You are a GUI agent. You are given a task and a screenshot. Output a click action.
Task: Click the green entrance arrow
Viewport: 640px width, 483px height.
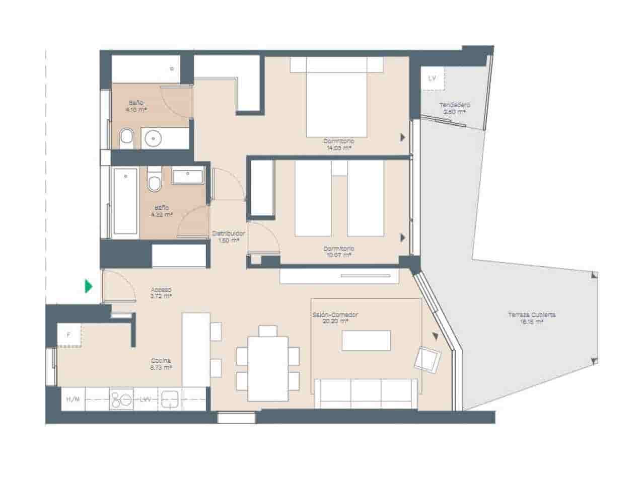89,287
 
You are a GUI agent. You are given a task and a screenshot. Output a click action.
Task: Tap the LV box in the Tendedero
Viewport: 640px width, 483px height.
433,78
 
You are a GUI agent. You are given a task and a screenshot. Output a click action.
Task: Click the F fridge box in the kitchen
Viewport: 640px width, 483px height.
69,334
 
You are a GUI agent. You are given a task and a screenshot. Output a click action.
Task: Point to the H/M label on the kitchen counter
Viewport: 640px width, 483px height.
73,399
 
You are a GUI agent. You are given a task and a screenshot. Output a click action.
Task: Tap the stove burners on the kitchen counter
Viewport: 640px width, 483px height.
121,399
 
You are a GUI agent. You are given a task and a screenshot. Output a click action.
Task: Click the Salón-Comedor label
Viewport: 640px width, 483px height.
335,317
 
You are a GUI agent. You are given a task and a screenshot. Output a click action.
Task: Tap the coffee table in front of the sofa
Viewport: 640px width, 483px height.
366,340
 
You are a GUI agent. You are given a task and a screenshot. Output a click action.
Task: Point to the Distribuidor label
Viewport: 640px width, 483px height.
228,236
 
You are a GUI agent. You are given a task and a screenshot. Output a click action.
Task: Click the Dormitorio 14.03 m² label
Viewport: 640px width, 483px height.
338,144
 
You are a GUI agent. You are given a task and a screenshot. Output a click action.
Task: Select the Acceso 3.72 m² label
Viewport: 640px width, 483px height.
161,293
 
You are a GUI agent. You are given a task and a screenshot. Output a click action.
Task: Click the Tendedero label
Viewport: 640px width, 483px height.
454,108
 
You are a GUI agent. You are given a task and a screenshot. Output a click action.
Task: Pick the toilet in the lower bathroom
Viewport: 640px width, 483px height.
154,182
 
